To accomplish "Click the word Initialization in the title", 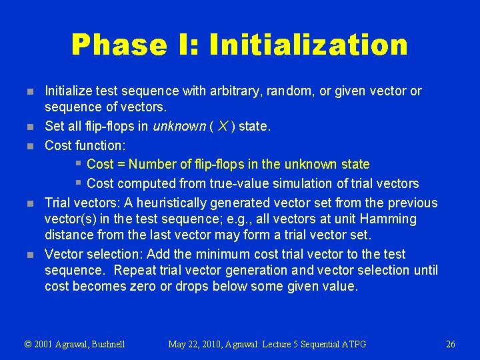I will pos(308,45).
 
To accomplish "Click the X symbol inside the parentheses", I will pos(222,127).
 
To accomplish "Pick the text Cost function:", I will pos(85,145).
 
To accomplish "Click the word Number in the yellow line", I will pos(151,164).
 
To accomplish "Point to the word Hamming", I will pos(387,219).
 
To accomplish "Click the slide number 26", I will pos(451,344).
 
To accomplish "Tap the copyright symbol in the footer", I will pos(28,344).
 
